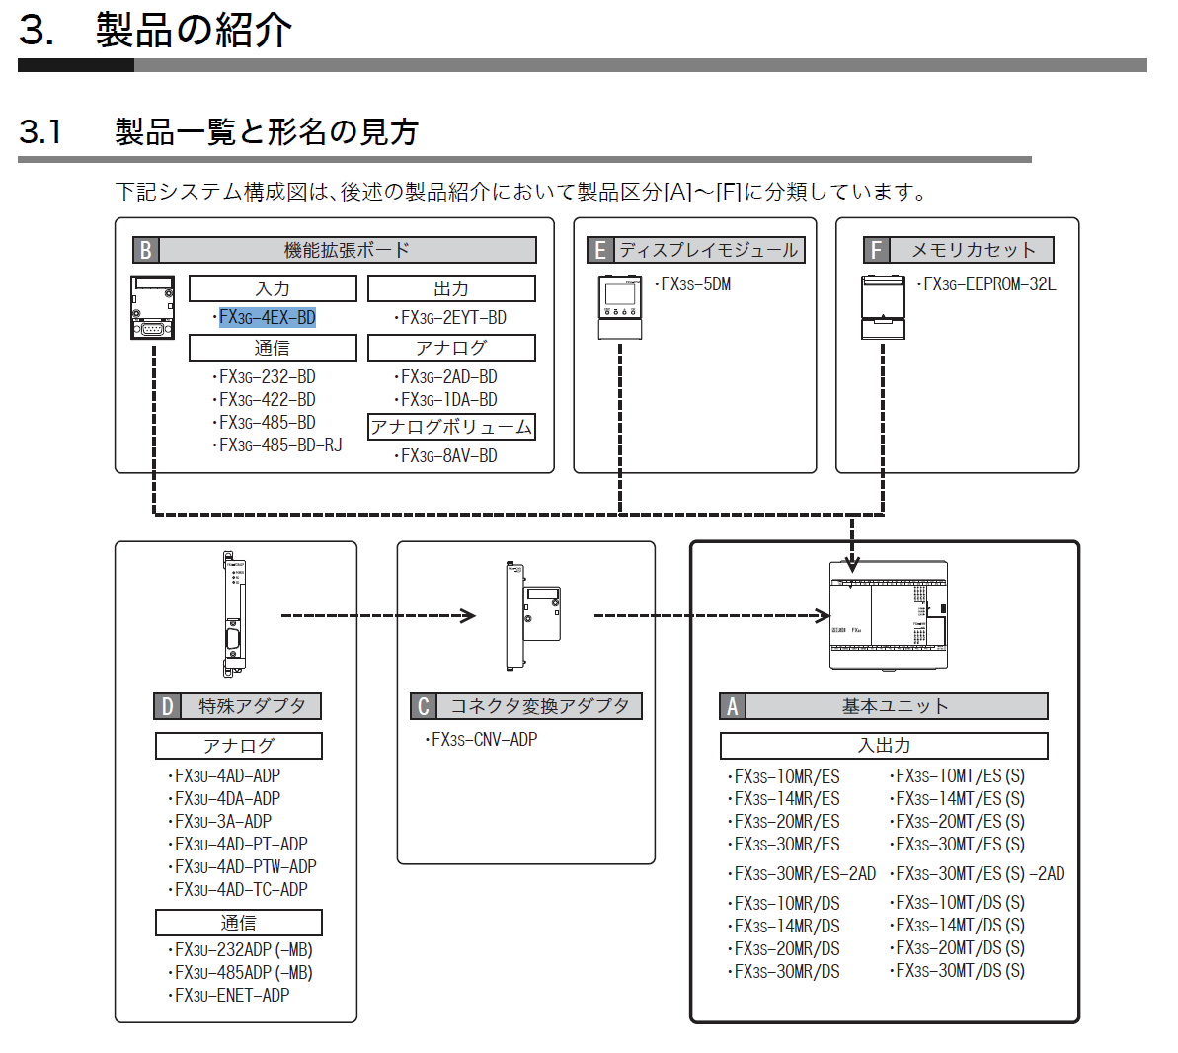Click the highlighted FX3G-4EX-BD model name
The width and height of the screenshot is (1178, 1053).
point(267,317)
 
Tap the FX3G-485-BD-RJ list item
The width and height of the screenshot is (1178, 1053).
point(280,445)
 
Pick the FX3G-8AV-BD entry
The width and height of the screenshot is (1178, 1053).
point(448,455)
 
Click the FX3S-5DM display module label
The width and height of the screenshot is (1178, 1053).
point(695,284)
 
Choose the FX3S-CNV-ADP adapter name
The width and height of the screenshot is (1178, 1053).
point(484,739)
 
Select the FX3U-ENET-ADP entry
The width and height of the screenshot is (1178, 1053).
point(232,995)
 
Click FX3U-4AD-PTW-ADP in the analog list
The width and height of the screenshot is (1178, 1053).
point(245,866)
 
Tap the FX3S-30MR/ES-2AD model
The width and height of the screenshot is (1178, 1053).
point(805,873)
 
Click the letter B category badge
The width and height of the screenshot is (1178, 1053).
point(146,250)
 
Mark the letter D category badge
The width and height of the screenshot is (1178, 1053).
point(167,706)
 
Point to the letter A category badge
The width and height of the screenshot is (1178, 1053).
point(733,706)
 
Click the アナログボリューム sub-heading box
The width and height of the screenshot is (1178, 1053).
point(451,427)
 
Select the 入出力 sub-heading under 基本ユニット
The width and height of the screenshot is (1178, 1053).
point(884,746)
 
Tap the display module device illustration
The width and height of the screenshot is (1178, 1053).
point(620,307)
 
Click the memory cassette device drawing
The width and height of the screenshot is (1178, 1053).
point(883,307)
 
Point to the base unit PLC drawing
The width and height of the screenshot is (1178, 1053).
point(888,614)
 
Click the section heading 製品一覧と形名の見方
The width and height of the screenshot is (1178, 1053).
point(267,131)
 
